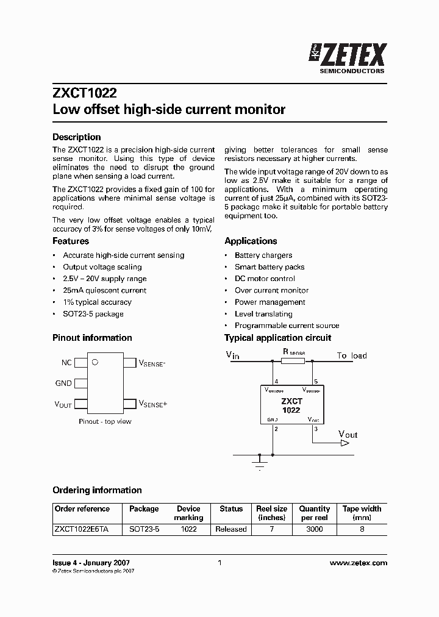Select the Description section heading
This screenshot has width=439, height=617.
point(76,137)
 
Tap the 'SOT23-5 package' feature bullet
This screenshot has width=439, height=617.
point(93,314)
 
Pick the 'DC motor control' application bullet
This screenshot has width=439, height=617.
point(265,279)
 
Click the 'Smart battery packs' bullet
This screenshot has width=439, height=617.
point(269,267)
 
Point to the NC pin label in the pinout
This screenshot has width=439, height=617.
point(66,363)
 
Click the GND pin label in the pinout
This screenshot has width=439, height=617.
point(63,383)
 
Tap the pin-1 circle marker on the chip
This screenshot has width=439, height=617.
point(95,363)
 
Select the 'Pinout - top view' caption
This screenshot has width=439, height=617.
point(105,421)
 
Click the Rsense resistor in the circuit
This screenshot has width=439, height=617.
point(293,361)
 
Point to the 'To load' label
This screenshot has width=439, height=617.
point(352,355)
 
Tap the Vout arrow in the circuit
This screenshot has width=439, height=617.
point(345,443)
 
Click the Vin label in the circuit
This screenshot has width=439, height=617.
point(232,355)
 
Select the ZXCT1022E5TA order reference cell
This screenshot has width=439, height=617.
point(82,529)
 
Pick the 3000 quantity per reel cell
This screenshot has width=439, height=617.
point(314,529)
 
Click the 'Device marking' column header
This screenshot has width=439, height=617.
point(188,513)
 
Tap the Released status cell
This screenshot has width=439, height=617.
point(231,529)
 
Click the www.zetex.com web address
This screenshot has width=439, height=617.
point(359,563)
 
